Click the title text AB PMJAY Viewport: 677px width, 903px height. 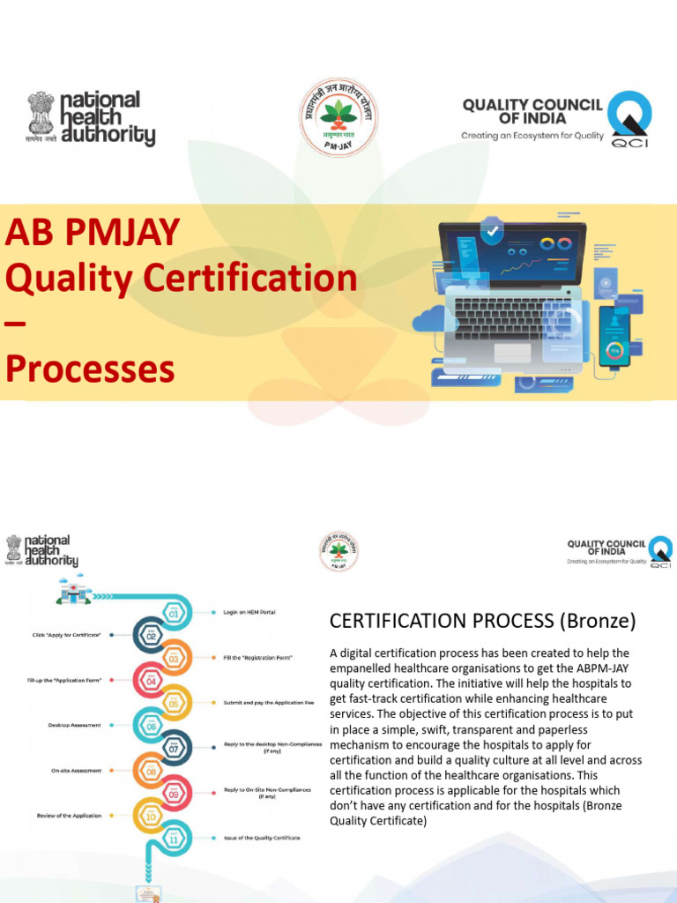coord(93,233)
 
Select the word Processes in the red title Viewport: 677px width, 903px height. coord(90,369)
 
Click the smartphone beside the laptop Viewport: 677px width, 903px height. coord(614,335)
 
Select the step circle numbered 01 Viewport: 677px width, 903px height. coord(174,611)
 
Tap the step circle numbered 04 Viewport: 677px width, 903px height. coord(151,680)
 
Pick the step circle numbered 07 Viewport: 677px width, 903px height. coord(174,748)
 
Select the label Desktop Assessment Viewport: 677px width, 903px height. coord(74,725)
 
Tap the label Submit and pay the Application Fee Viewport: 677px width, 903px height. coord(265,702)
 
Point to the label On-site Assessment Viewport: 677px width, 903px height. coord(76,771)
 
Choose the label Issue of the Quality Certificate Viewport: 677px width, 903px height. coord(263,838)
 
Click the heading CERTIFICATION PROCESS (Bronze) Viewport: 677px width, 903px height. coord(482,621)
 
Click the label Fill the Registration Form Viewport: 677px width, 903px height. coord(258,657)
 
